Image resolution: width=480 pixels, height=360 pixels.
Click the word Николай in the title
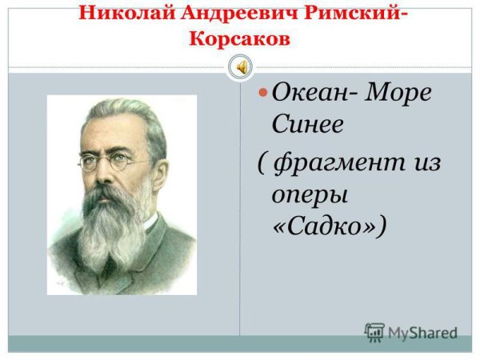120,16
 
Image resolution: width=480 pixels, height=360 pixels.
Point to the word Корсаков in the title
240,40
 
